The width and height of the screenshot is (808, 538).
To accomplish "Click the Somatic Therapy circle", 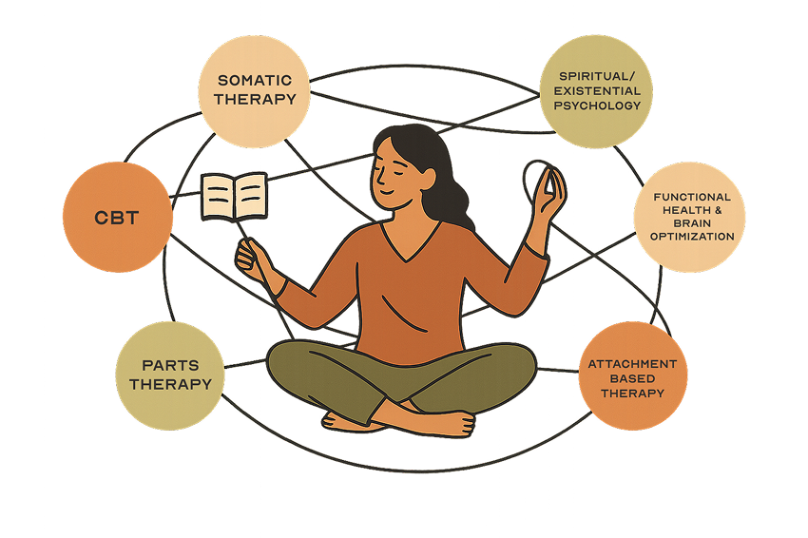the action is point(254,92).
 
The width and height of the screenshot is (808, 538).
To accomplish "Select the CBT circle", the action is point(117,217).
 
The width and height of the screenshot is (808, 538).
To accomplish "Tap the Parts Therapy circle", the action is point(170,375).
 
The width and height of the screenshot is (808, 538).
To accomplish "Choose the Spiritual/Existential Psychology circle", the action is point(595,92).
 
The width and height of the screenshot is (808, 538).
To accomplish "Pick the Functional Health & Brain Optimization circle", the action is point(690,217).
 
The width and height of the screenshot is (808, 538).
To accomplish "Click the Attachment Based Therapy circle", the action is point(632,376).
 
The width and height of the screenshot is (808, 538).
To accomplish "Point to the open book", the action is point(233,195).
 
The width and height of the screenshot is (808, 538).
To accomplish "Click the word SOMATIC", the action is point(254,81).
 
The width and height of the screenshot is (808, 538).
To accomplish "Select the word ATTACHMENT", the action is point(632,364).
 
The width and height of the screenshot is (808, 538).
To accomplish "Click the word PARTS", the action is point(170,365).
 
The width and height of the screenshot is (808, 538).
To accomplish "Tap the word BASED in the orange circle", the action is point(632,378).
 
